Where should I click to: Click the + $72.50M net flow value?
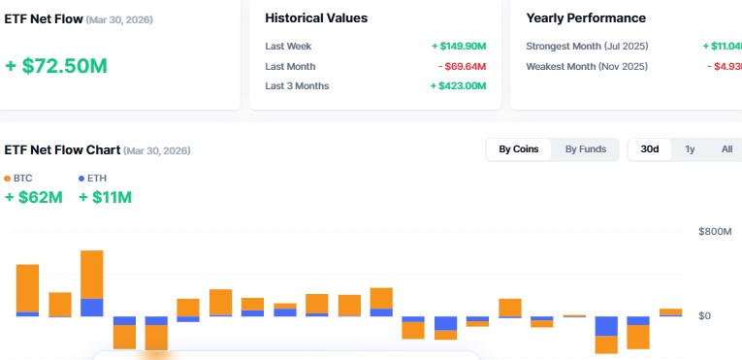55,66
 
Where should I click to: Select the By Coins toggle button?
518,149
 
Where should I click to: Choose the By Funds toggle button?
586,149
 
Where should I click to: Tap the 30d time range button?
649,149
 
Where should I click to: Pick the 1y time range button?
690,149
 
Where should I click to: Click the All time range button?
726,149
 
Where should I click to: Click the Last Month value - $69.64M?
461,66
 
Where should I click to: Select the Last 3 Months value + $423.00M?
458,86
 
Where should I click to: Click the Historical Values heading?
316,18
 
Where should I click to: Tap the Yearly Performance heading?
586,18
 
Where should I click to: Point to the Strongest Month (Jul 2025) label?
587,46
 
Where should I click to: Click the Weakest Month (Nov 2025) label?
586,66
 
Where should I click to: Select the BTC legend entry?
18,179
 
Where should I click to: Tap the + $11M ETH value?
105,198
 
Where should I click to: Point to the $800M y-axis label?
716,232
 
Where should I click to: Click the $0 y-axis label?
704,316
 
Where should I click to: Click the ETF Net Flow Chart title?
62,150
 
